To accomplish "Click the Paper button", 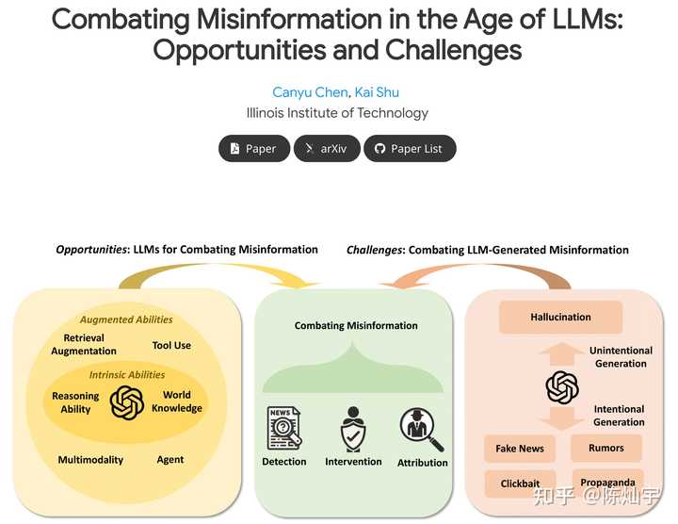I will point(254,148).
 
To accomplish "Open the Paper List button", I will point(409,148).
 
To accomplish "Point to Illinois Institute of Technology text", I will point(337,113).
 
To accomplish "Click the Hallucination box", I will point(559,318).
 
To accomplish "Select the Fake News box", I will point(520,449).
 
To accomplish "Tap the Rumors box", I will point(606,448).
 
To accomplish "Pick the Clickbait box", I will point(520,483).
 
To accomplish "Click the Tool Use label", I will point(171,345).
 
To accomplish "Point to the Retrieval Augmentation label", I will point(84,344).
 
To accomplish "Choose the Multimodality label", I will point(90,460).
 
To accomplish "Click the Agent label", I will point(170,460).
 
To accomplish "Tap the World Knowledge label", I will point(177,401).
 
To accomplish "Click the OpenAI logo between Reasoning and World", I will point(126,402).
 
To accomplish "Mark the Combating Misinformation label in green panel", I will point(356,325).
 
